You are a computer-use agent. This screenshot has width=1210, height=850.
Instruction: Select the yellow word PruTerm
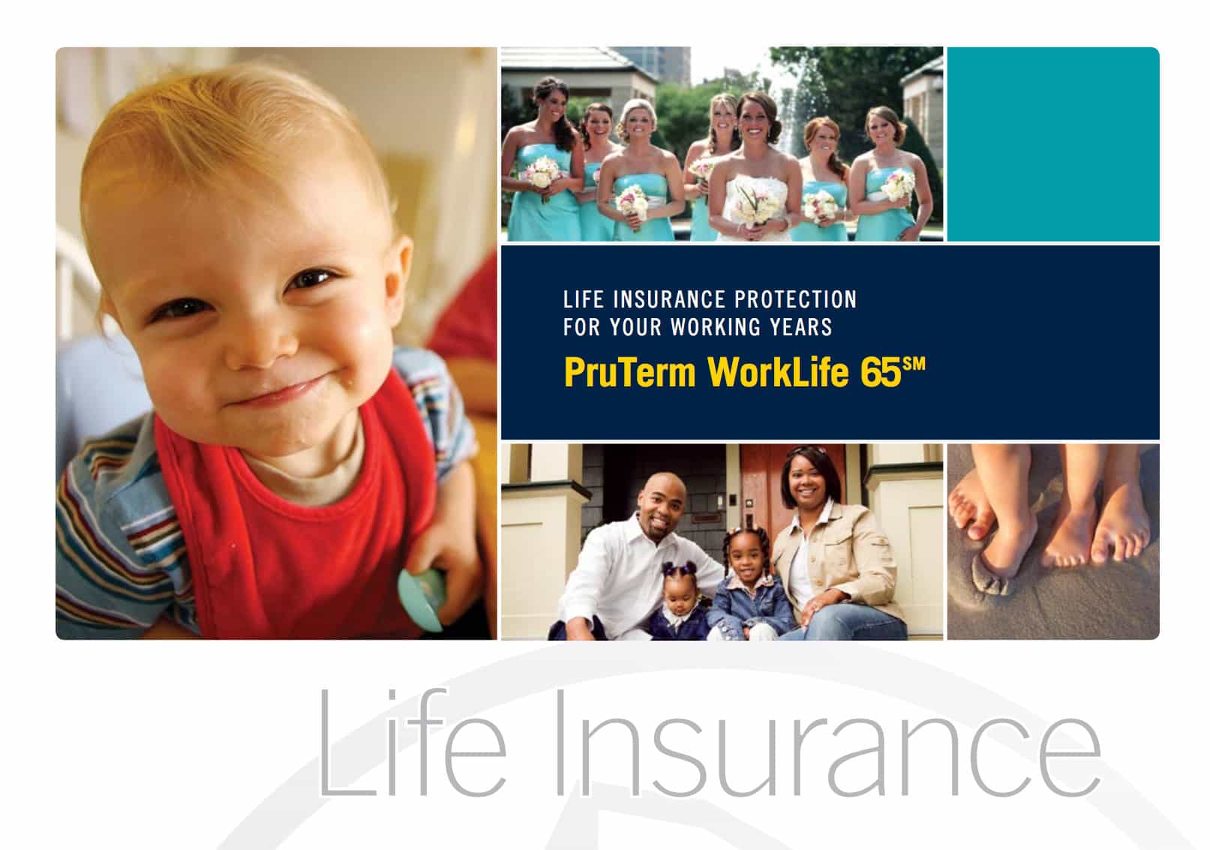(x=629, y=372)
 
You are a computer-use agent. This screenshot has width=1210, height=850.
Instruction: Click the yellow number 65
(x=881, y=372)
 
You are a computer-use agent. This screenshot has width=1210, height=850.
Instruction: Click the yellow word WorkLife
(x=778, y=372)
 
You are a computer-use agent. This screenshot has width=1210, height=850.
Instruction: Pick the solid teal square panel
(x=1053, y=144)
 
